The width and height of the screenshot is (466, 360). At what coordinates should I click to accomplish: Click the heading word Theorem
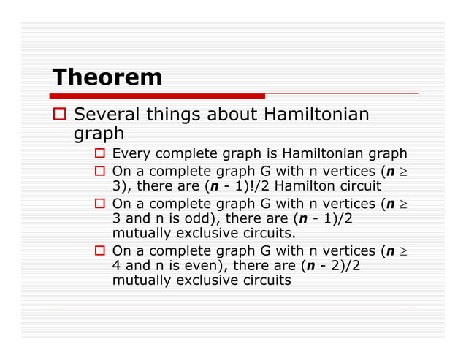(107, 77)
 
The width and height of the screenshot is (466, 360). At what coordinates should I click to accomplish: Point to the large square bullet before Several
(61, 115)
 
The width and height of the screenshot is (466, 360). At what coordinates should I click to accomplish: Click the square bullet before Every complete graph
(102, 154)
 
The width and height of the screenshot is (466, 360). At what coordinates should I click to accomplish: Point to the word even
(205, 266)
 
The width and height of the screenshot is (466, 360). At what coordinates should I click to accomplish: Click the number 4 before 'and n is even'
(118, 266)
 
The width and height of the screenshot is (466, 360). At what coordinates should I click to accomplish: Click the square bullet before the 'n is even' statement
(102, 250)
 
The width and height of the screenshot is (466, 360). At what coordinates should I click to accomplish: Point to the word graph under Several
(99, 134)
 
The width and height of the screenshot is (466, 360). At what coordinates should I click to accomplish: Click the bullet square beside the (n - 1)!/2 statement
(102, 170)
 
